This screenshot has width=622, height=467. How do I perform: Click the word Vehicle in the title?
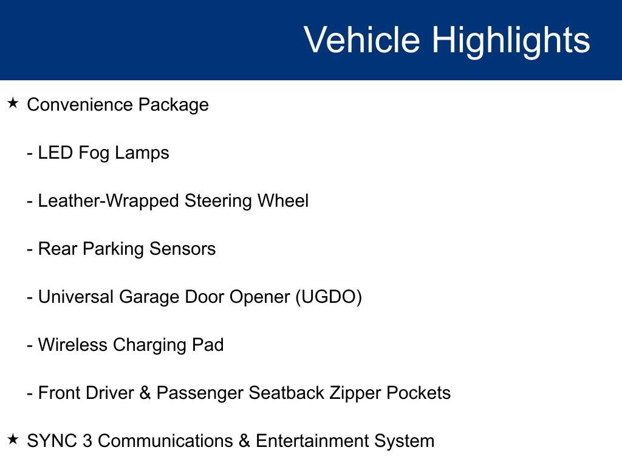point(361,40)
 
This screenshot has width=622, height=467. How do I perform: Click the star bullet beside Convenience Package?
point(13,103)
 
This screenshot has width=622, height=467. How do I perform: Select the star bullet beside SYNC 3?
point(13,439)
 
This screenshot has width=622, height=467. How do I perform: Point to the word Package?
point(173,105)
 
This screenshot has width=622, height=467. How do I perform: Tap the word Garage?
point(147,297)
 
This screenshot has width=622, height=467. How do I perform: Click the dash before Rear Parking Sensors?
point(30,249)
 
